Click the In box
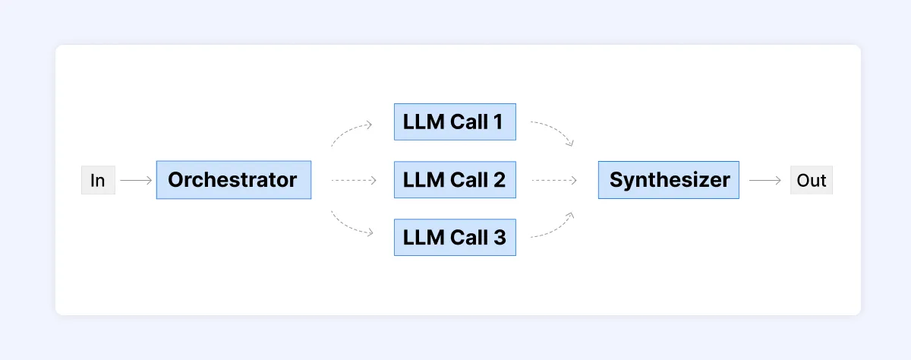coord(98,181)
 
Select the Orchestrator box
coord(233,180)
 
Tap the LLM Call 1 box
coord(455,122)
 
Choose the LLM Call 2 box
coord(455,180)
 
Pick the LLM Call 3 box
coord(455,237)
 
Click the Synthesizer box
coord(668,180)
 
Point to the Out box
coord(811,181)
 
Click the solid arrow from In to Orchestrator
coord(136,181)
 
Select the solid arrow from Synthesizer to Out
coord(764,181)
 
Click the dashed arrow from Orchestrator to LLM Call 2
coord(354,181)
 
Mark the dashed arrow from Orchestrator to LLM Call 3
coord(349,229)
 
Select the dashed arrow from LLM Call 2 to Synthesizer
coord(554,181)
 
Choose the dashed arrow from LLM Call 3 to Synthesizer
coord(554,229)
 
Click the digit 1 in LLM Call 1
coord(497,122)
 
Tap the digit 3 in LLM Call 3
coord(499,237)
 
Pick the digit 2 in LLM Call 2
coord(499,180)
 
